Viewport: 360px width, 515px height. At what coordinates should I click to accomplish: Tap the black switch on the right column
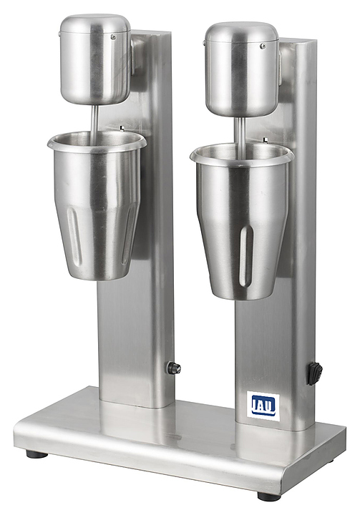coord(314,373)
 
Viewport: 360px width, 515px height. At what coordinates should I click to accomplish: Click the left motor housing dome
coord(95,59)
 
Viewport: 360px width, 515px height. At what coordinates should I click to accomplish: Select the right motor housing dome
coord(242,69)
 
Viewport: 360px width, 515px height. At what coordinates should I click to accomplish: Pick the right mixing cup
coord(242,221)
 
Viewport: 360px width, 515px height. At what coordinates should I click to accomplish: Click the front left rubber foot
coord(37,454)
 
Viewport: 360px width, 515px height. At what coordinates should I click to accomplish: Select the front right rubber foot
coord(268,495)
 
